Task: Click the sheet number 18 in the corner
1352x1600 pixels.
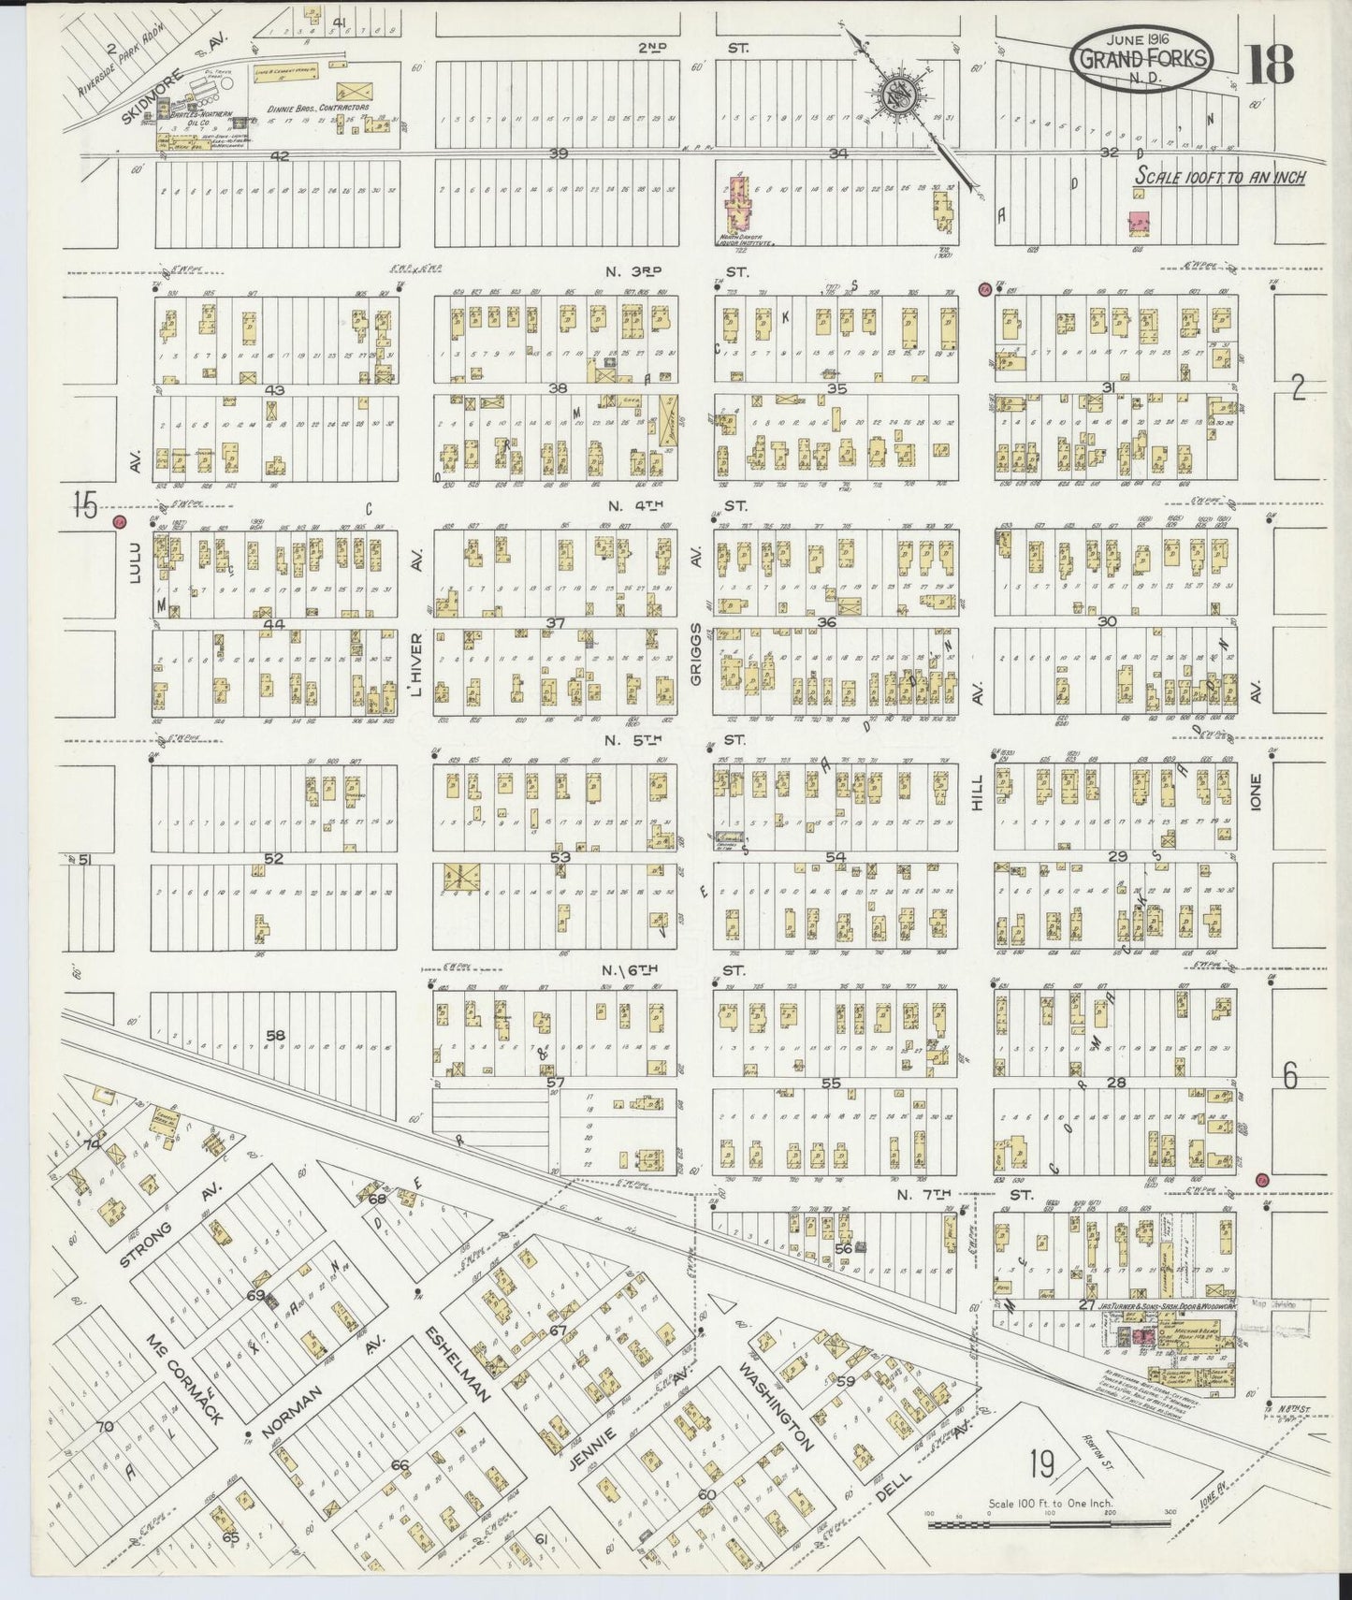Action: click(1271, 63)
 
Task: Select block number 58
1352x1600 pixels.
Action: click(275, 1035)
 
